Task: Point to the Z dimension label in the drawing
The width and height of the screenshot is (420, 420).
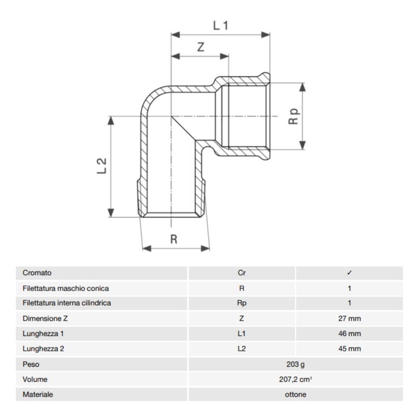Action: pos(201,47)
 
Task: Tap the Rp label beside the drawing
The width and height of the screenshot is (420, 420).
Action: pos(294,117)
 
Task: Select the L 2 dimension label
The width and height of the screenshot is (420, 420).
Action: pos(102,166)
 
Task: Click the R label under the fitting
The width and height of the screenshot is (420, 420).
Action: pos(173,240)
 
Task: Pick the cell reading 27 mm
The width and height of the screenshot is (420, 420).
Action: pos(349,319)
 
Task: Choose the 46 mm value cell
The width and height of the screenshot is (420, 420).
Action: pos(349,334)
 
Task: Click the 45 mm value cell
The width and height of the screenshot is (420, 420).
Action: pos(349,349)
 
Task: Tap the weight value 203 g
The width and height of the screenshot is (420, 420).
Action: pos(295,364)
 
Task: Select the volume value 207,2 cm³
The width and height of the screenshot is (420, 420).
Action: pos(295,379)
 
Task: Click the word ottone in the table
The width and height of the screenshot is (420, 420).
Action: pos(295,395)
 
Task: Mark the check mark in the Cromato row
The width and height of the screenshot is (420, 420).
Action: pos(349,273)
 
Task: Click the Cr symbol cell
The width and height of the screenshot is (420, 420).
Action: pos(242,273)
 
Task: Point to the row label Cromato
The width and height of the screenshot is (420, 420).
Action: pos(37,273)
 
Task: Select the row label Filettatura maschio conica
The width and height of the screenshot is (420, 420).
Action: pos(66,288)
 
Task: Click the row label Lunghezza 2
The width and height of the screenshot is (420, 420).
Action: pos(43,349)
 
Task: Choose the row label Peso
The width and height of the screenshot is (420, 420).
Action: pos(31,364)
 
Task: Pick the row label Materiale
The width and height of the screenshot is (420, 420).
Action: pos(38,395)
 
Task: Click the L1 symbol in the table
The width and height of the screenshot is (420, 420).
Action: pos(242,334)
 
